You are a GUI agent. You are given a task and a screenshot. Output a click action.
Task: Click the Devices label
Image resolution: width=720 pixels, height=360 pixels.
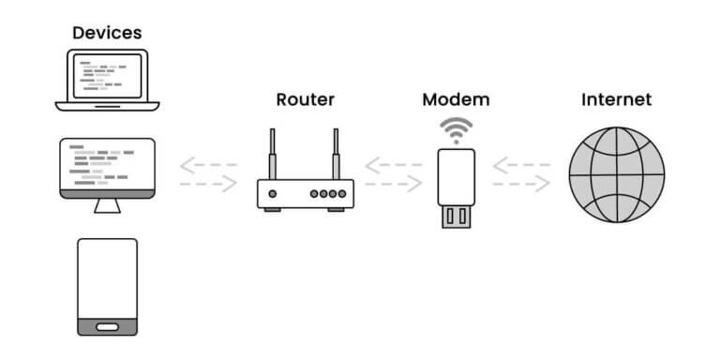point(107,32)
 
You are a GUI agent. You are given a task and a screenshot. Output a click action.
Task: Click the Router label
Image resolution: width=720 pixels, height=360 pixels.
point(305,98)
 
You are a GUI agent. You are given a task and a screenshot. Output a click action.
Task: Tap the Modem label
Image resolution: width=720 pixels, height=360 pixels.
point(456,98)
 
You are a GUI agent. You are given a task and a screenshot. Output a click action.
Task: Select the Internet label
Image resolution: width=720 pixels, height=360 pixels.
point(616,98)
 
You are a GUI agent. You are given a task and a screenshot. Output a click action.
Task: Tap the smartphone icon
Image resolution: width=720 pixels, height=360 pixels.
point(107,286)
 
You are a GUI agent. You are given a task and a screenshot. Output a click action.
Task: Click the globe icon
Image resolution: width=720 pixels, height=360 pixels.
point(616,174)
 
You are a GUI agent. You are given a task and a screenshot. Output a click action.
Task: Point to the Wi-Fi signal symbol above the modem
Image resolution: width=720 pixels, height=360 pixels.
point(457,130)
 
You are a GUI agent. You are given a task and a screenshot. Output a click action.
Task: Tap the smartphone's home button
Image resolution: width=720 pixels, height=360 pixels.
point(107,326)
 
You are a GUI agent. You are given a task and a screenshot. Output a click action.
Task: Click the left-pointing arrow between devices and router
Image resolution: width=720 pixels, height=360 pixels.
point(207,166)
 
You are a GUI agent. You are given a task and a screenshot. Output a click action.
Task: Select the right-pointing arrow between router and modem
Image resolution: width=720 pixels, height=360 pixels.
point(394,185)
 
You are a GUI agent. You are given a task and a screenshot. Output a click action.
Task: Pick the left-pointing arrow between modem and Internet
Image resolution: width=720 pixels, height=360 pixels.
point(521,166)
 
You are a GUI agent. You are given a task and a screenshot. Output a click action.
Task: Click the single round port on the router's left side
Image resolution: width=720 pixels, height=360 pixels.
point(273,194)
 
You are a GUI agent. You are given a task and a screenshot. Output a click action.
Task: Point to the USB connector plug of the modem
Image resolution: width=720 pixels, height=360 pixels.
point(457,216)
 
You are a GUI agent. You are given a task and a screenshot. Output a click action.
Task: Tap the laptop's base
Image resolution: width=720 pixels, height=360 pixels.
point(108,103)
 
